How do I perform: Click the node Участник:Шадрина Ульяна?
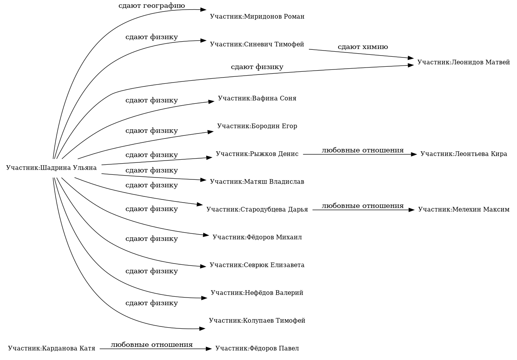click(x=51, y=168)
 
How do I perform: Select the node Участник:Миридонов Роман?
click(x=257, y=17)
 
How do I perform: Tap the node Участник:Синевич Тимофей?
click(x=257, y=44)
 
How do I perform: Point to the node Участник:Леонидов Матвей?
click(x=463, y=63)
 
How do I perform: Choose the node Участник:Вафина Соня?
click(x=257, y=98)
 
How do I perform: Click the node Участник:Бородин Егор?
click(x=257, y=126)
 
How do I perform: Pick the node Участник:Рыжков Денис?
click(x=257, y=154)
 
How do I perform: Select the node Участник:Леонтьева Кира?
click(x=463, y=154)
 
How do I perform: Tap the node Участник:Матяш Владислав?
click(x=257, y=182)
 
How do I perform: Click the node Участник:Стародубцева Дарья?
click(x=257, y=210)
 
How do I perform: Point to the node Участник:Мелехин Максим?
click(x=463, y=210)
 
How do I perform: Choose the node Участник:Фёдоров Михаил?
click(x=257, y=237)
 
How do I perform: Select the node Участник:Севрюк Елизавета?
click(x=257, y=265)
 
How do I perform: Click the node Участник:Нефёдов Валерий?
click(x=257, y=293)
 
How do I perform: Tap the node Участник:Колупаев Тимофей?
click(x=257, y=321)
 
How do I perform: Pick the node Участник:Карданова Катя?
click(x=51, y=349)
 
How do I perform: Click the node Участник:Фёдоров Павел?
click(x=257, y=349)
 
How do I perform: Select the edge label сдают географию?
click(x=151, y=6)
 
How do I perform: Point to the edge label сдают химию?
click(x=363, y=47)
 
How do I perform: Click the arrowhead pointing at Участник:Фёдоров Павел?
click(x=209, y=349)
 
